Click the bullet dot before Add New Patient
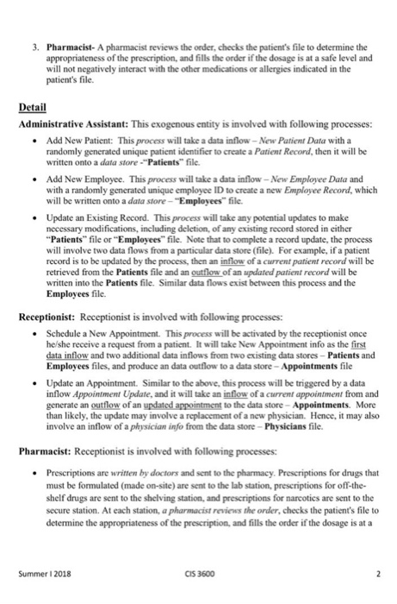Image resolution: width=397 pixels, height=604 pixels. click(x=32, y=143)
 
